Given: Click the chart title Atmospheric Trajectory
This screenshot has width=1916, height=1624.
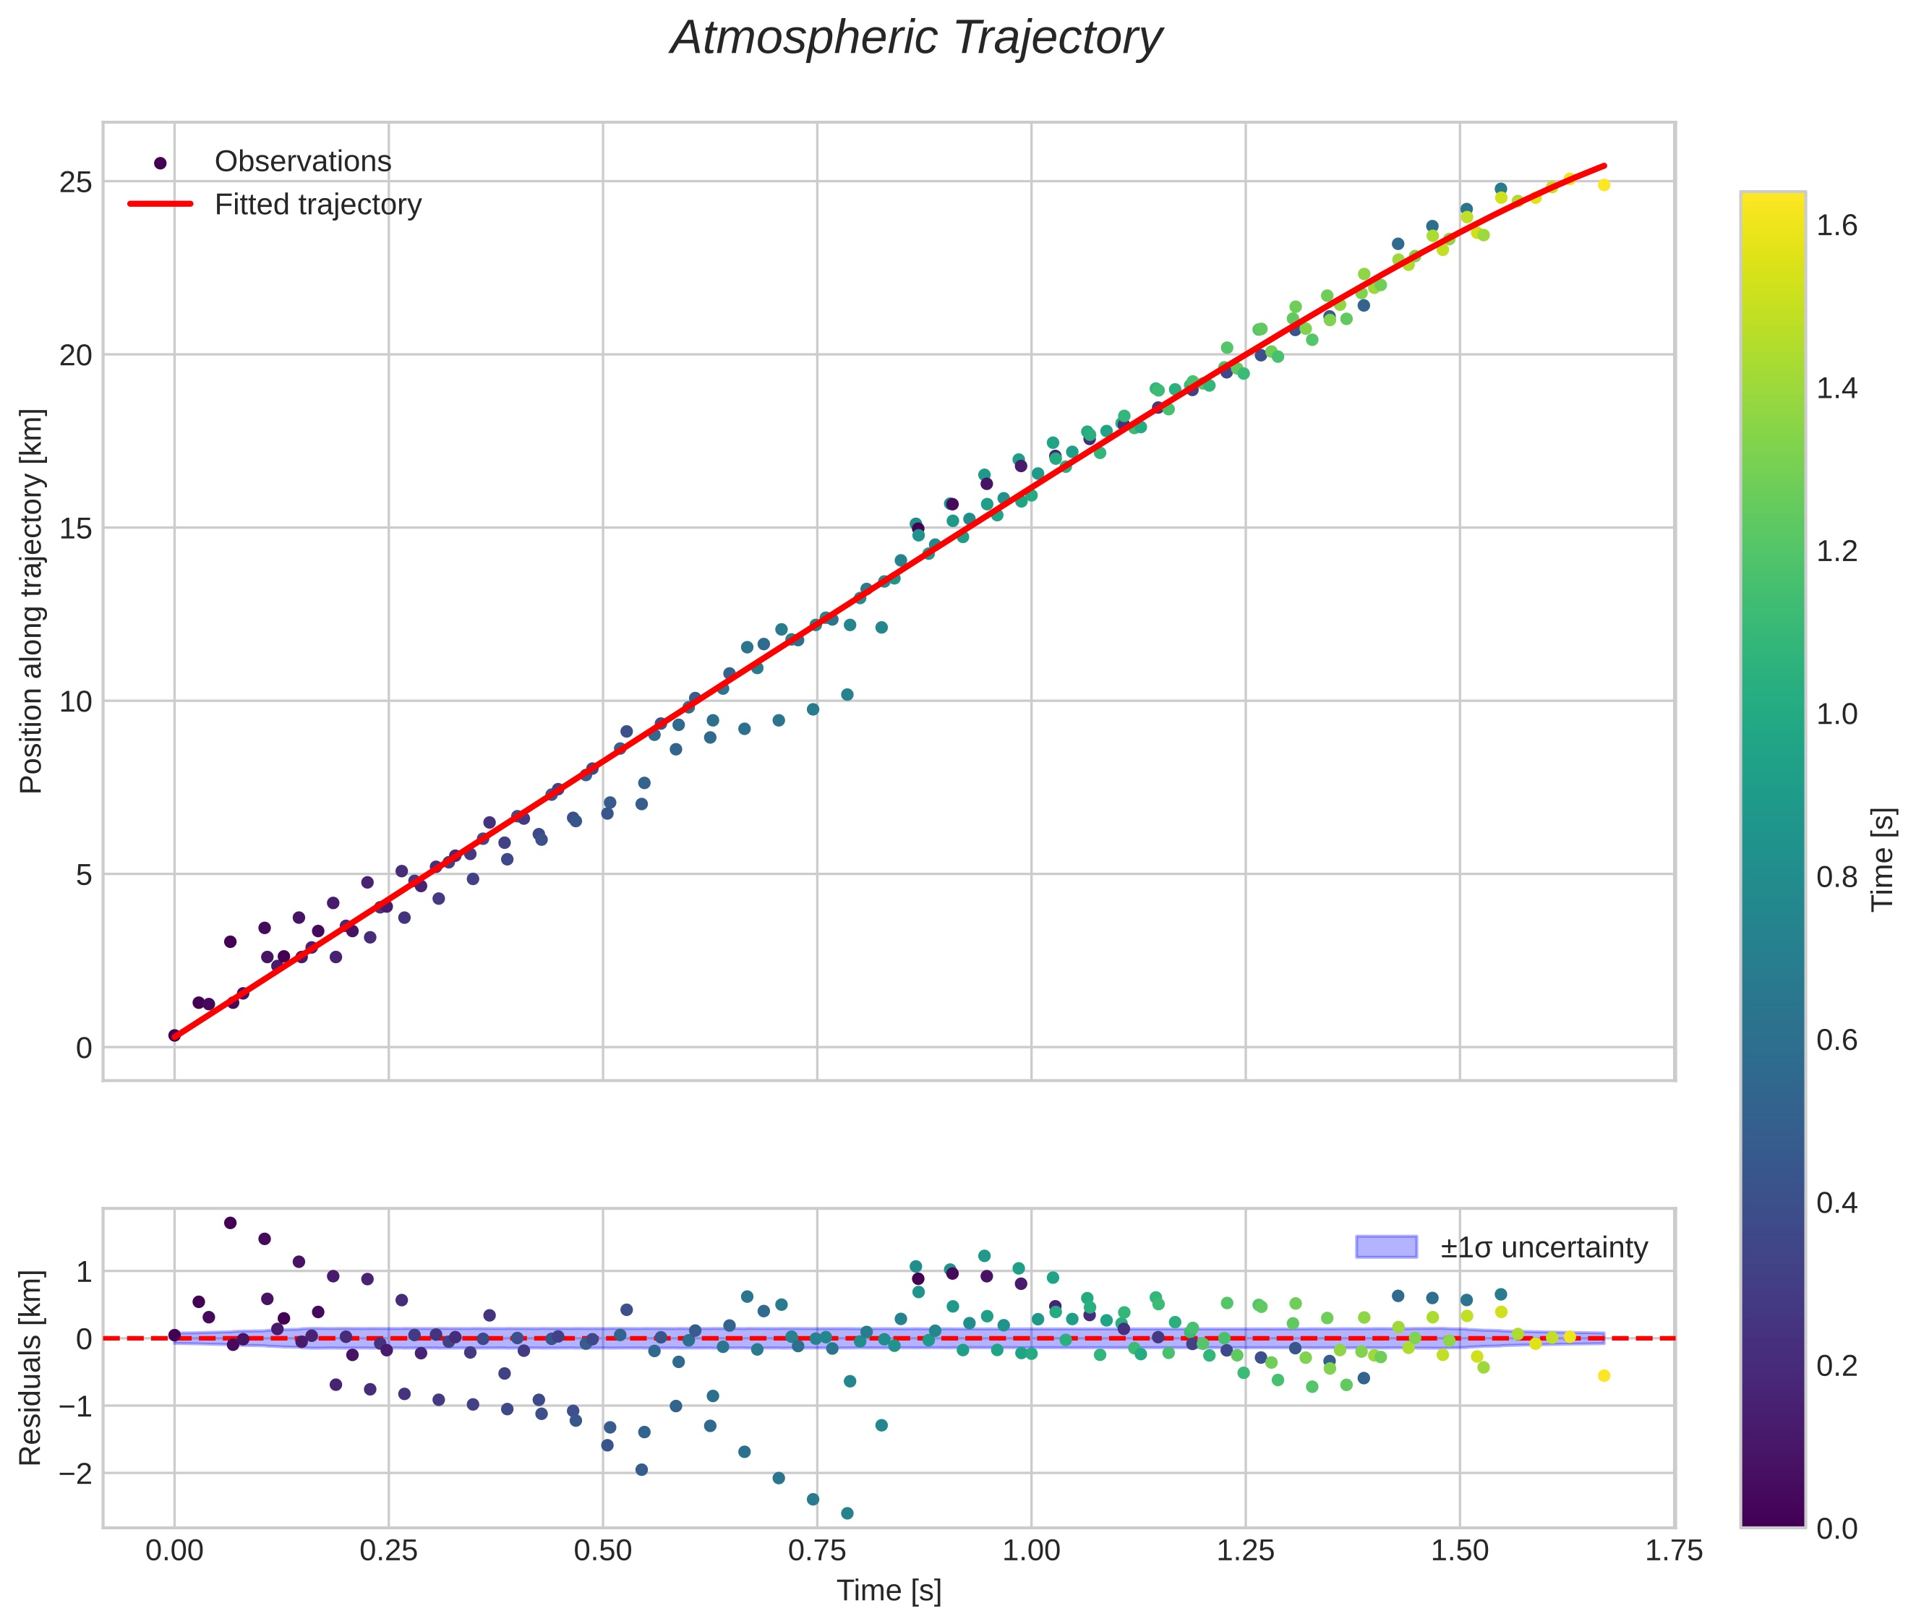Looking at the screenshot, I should (916, 38).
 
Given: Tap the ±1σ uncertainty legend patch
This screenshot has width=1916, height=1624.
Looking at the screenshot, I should (1386, 1247).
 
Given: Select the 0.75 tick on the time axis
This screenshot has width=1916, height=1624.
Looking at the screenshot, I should (817, 1551).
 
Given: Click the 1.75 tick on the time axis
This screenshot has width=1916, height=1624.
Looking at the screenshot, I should (1673, 1551).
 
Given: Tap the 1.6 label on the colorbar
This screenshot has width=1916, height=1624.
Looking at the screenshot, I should (1836, 226).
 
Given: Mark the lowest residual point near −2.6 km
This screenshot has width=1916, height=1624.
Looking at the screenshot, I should (847, 1513).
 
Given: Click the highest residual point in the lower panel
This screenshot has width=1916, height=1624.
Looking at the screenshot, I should (230, 1223).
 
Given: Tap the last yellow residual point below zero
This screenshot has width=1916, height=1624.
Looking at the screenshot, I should (1604, 1375).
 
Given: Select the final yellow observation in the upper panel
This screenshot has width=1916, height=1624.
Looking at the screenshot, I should (1604, 185).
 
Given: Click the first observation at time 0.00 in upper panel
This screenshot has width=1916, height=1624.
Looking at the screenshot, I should (174, 1035).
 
